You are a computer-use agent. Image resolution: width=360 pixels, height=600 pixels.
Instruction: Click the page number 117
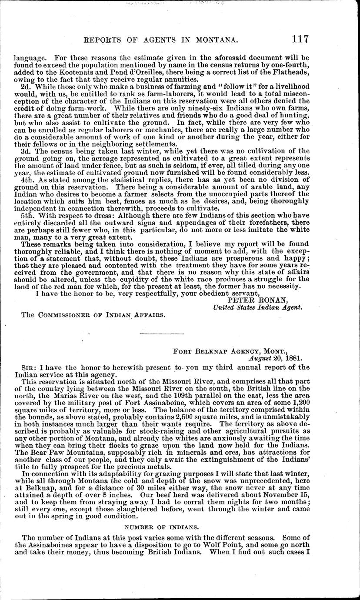[x=300, y=38]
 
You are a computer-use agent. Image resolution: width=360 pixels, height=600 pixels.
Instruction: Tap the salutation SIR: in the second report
[x=28, y=368]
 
